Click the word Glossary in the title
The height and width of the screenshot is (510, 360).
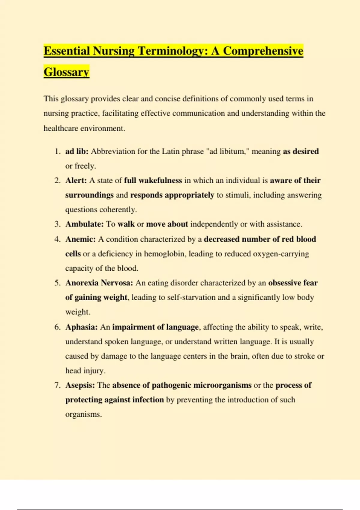(66, 72)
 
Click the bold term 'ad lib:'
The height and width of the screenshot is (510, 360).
(77, 151)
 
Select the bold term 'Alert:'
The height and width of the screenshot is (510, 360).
(76, 181)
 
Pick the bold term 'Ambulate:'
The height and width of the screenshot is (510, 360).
(84, 224)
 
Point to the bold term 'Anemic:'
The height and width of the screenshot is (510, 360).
(80, 239)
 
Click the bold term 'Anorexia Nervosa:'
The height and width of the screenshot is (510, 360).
(99, 283)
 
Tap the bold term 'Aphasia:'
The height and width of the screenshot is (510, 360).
(81, 327)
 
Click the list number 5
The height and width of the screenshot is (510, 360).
(57, 283)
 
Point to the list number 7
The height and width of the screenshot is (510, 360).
(57, 385)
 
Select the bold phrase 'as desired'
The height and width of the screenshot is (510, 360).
(301, 151)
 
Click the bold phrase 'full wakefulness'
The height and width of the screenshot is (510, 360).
(153, 181)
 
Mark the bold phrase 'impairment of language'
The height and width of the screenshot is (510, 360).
(155, 327)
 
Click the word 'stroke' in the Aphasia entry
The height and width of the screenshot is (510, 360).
(304, 356)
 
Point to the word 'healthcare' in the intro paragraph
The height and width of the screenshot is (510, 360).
(61, 128)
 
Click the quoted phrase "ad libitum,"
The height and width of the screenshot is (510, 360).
(228, 151)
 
